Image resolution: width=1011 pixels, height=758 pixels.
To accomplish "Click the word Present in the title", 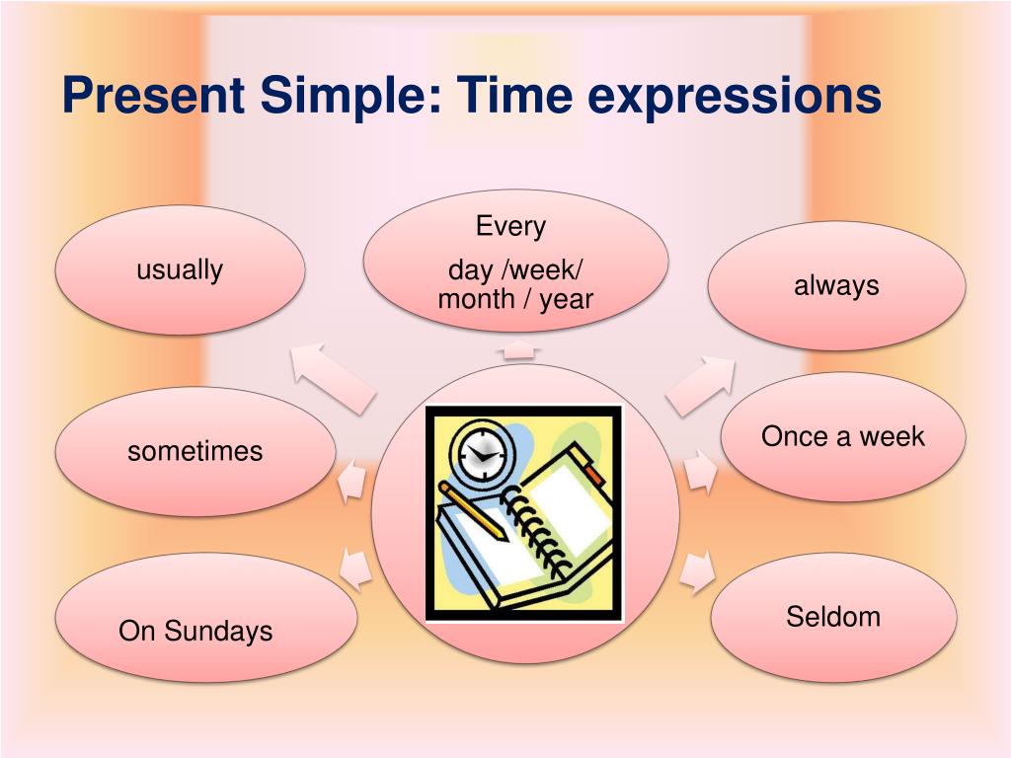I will (153, 96).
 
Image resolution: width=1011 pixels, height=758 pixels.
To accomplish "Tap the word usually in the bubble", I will (180, 269).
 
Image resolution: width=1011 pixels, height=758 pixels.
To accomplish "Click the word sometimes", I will (195, 451).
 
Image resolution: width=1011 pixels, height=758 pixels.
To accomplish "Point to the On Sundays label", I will (195, 631).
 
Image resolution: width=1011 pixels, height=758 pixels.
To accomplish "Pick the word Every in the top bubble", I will (510, 226).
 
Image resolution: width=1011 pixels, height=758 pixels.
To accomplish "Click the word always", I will (836, 285).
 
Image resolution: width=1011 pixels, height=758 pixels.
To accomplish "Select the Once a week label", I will (842, 436).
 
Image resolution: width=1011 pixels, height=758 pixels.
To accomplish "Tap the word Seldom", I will (833, 617).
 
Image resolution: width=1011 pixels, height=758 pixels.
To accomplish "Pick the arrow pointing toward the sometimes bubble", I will (352, 481).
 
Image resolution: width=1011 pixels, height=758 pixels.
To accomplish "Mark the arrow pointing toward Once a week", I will (700, 471).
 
